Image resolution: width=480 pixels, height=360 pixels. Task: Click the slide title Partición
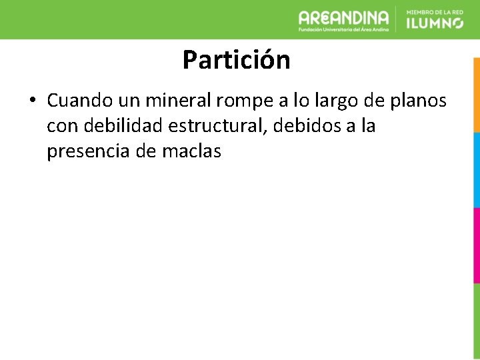pyautogui.click(x=236, y=60)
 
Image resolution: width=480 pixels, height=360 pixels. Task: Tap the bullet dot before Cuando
pyautogui.click(x=32, y=101)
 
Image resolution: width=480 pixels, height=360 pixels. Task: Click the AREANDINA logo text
pyautogui.click(x=343, y=17)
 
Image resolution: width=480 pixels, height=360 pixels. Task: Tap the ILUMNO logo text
pyautogui.click(x=434, y=23)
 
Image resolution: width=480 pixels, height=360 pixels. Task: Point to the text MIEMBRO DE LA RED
pyautogui.click(x=434, y=11)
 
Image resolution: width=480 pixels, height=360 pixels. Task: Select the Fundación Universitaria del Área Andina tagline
pyautogui.click(x=343, y=29)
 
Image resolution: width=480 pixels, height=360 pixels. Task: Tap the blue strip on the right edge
pyautogui.click(x=476, y=169)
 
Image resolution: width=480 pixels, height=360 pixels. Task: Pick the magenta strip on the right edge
pyautogui.click(x=476, y=245)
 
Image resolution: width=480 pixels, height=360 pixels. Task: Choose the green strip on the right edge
pyautogui.click(x=476, y=320)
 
